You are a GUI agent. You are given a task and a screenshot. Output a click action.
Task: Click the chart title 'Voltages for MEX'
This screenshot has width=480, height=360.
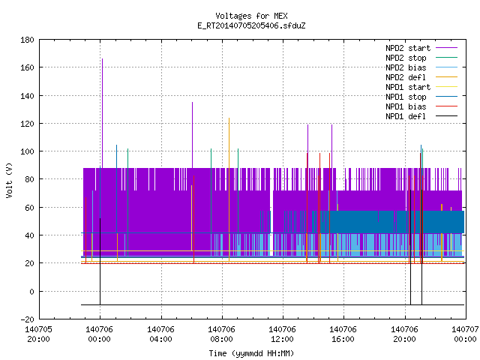(251, 16)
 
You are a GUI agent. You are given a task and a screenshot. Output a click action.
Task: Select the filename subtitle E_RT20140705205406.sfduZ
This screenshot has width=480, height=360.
(251, 25)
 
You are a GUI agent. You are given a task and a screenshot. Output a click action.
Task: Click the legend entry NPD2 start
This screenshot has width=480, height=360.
(421, 48)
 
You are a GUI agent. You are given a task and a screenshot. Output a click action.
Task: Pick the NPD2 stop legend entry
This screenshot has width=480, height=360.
(421, 58)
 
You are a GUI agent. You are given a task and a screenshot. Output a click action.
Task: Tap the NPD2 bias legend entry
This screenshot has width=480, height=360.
(421, 67)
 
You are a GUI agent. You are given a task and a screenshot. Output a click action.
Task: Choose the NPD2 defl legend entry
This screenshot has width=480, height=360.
(421, 77)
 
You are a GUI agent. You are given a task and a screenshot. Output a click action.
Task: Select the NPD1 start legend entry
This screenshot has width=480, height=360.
(421, 87)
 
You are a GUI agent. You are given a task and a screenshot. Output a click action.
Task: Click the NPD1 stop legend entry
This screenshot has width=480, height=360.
(421, 97)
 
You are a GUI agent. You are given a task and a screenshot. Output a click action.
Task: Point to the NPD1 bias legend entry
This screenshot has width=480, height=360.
(421, 106)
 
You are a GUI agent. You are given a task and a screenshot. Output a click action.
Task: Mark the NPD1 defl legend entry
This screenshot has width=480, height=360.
(421, 116)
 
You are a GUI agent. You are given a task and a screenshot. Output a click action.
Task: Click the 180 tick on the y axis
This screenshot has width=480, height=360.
(27, 40)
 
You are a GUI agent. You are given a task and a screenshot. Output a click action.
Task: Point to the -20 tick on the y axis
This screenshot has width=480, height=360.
(27, 319)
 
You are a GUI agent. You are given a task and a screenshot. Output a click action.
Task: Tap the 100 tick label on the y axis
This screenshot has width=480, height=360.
(27, 151)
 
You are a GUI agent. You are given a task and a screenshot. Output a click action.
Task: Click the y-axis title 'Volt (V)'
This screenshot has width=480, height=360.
(9, 180)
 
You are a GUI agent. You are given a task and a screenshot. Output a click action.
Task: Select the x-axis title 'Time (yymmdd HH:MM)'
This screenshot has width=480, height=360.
(251, 353)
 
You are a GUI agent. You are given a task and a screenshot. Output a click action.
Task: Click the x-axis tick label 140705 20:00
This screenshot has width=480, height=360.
(38, 334)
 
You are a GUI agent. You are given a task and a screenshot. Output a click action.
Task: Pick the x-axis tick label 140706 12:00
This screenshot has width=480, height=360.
(282, 334)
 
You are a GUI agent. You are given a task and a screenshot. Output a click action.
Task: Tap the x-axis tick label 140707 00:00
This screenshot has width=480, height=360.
(465, 334)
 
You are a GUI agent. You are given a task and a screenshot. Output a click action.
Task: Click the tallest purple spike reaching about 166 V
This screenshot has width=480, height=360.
(102, 113)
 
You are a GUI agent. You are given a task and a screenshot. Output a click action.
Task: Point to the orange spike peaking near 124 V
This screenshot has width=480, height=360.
(229, 190)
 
